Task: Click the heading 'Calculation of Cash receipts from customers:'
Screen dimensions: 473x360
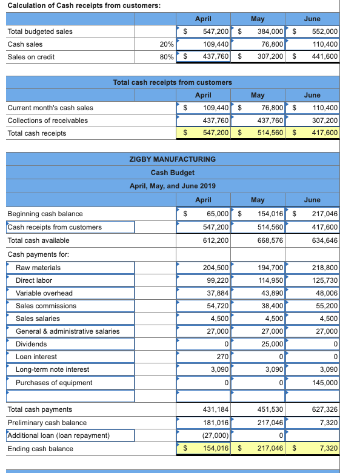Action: (x=76, y=5)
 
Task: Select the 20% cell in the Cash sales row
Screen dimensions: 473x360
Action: (x=167, y=44)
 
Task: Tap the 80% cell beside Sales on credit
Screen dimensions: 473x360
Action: (x=167, y=57)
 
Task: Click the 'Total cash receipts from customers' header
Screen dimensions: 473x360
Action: (x=173, y=82)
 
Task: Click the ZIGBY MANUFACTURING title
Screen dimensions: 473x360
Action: (x=173, y=159)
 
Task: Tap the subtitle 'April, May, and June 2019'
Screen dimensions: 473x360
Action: (x=173, y=185)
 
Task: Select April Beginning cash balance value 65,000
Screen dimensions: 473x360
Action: (x=217, y=214)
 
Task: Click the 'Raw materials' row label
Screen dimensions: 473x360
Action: (x=38, y=268)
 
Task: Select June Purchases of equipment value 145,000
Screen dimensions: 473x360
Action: (x=324, y=383)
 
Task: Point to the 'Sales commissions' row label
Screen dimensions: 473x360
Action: (x=46, y=306)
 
